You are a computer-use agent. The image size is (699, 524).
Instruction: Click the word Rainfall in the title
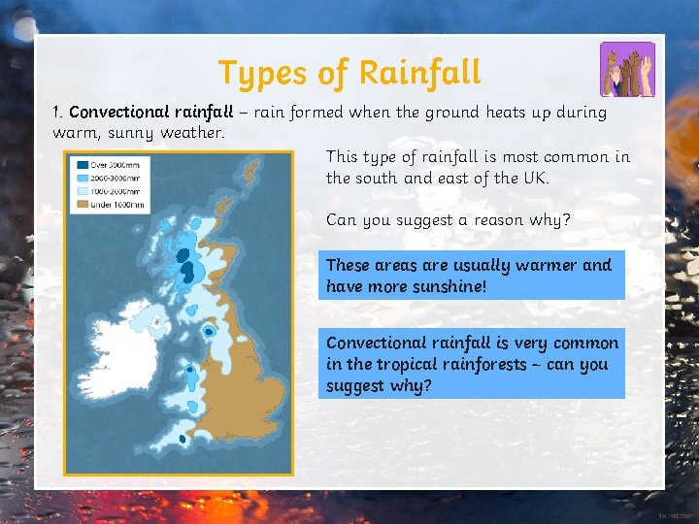[419, 73]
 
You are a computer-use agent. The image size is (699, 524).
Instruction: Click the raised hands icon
[626, 69]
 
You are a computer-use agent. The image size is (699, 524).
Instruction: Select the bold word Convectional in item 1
[117, 112]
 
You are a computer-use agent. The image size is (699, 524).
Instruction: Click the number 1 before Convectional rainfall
[56, 112]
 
